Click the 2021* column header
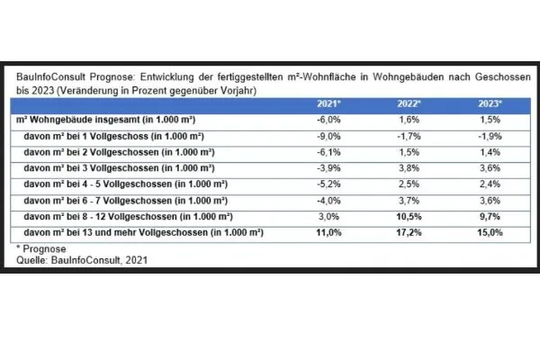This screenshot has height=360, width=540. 327,104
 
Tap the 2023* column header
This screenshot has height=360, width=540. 490,104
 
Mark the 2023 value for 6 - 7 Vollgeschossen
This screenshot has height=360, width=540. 490,201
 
